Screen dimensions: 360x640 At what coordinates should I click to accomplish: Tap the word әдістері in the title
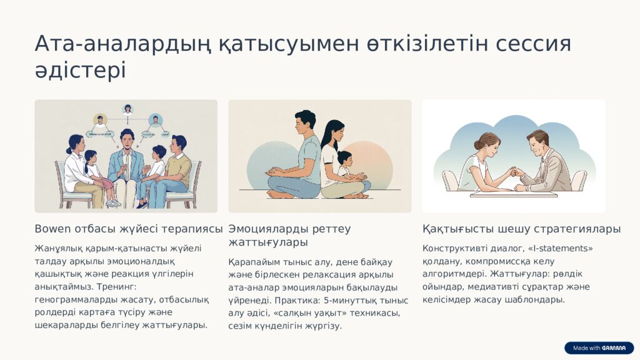pyautogui.click(x=80, y=70)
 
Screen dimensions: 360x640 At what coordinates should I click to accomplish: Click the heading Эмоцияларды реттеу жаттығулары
pyautogui.click(x=289, y=236)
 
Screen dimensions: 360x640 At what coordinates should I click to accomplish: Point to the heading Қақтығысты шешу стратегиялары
pyautogui.click(x=521, y=229)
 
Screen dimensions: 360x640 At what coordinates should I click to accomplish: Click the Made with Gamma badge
pyautogui.click(x=599, y=348)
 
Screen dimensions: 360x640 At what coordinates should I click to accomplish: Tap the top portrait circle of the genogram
pyautogui.click(x=128, y=109)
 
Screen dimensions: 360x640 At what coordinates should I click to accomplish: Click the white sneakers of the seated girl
pyautogui.click(x=112, y=202)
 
